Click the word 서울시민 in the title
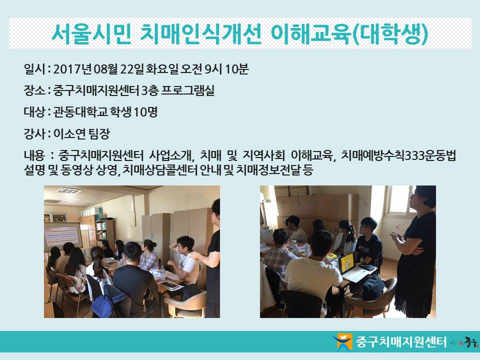tap(91, 33)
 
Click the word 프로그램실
tap(187, 90)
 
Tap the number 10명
tap(145, 112)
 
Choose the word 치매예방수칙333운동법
tap(398, 155)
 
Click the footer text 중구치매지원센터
tap(401, 341)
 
